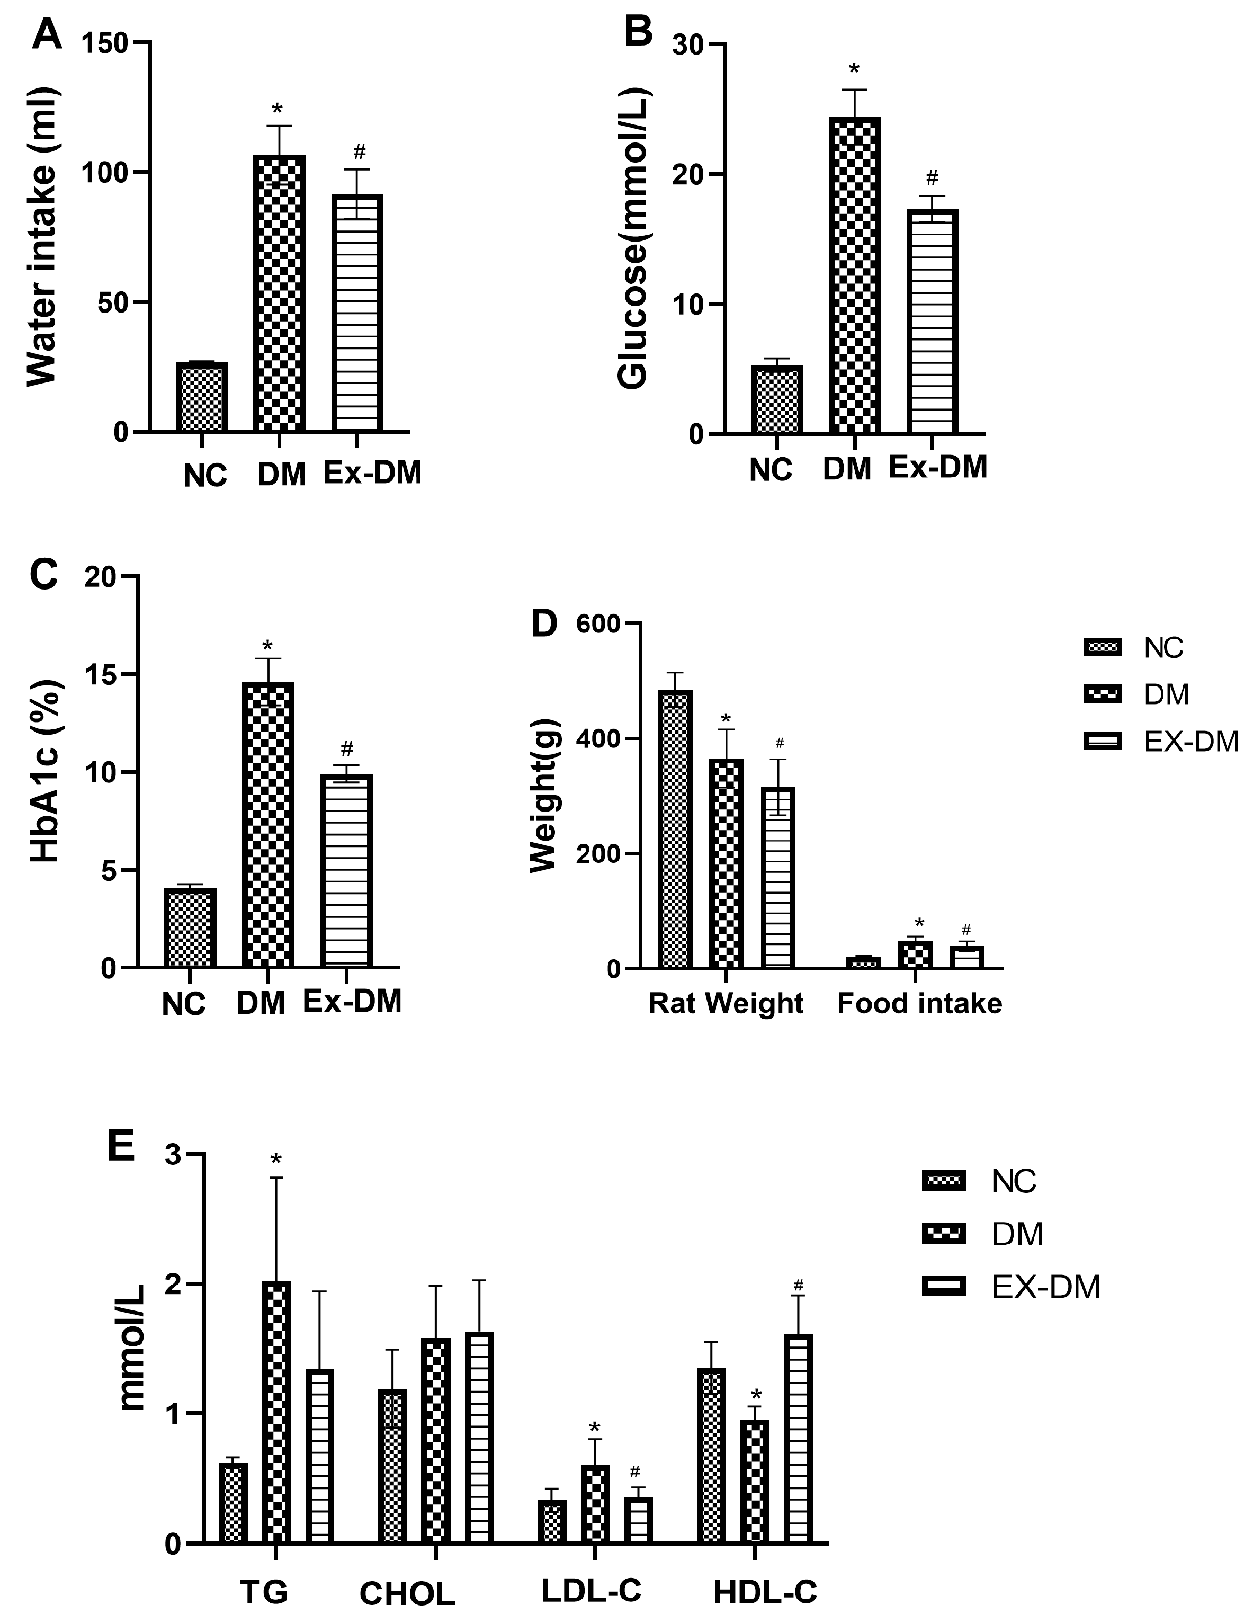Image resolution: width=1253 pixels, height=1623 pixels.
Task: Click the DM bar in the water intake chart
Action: tap(280, 293)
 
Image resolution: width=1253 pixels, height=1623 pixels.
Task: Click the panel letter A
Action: tap(46, 35)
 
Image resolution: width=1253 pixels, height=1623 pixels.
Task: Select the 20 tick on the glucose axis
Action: tap(687, 175)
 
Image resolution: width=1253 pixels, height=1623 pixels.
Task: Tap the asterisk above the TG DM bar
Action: tap(276, 1160)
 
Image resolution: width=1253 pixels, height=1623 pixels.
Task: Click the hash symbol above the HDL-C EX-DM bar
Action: tap(799, 1285)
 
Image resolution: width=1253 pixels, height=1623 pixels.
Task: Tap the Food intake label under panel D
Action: tap(919, 1003)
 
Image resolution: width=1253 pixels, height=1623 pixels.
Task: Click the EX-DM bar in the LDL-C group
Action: tap(638, 1520)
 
